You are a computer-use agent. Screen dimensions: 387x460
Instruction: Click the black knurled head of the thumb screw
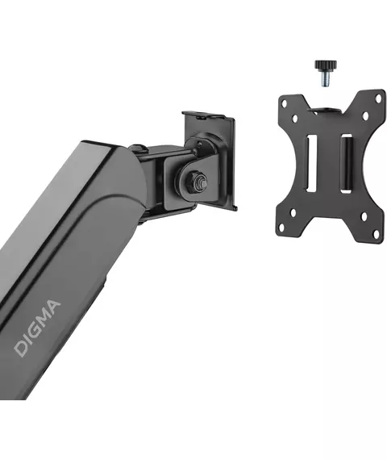326,65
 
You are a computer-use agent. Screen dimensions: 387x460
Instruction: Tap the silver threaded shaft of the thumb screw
326,78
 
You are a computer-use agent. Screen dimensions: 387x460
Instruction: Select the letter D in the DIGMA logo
22,348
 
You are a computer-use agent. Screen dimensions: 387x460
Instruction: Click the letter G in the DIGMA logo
35,332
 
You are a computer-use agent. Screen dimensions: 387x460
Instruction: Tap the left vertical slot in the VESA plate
311,163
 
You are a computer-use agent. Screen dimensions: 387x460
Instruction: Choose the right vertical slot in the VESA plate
346,163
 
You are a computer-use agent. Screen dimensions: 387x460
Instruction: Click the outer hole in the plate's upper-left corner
284,103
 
